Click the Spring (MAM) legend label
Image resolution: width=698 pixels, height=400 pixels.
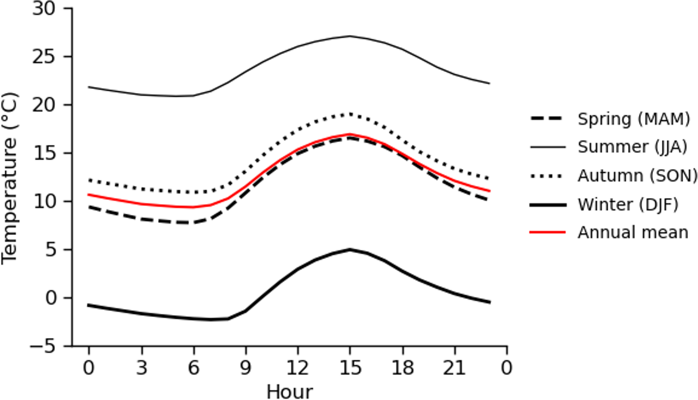(x=634, y=119)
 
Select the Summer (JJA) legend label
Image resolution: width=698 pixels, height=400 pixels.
(x=632, y=147)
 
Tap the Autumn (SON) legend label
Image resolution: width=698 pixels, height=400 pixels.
(x=637, y=176)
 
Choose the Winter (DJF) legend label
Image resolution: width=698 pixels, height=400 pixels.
(x=628, y=204)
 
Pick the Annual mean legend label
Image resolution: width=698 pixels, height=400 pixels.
(x=633, y=232)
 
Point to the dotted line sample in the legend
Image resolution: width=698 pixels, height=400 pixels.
(x=548, y=176)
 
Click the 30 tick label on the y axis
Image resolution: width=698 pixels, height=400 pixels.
(x=44, y=8)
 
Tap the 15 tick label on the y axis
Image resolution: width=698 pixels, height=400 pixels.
(x=44, y=153)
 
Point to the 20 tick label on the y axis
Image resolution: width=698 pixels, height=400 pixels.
(x=44, y=105)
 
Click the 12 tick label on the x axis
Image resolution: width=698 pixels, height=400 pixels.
(x=298, y=368)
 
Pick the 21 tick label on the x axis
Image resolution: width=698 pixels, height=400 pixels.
(x=454, y=368)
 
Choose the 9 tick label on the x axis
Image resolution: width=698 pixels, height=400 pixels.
(x=246, y=368)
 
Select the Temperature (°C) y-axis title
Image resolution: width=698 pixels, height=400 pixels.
(x=9, y=178)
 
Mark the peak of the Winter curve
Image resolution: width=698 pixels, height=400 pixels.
(x=350, y=250)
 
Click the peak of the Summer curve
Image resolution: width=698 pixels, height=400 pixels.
(x=350, y=36)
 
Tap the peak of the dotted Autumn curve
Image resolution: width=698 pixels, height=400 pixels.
(x=350, y=114)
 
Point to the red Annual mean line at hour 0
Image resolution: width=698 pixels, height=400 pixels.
(x=89, y=195)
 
